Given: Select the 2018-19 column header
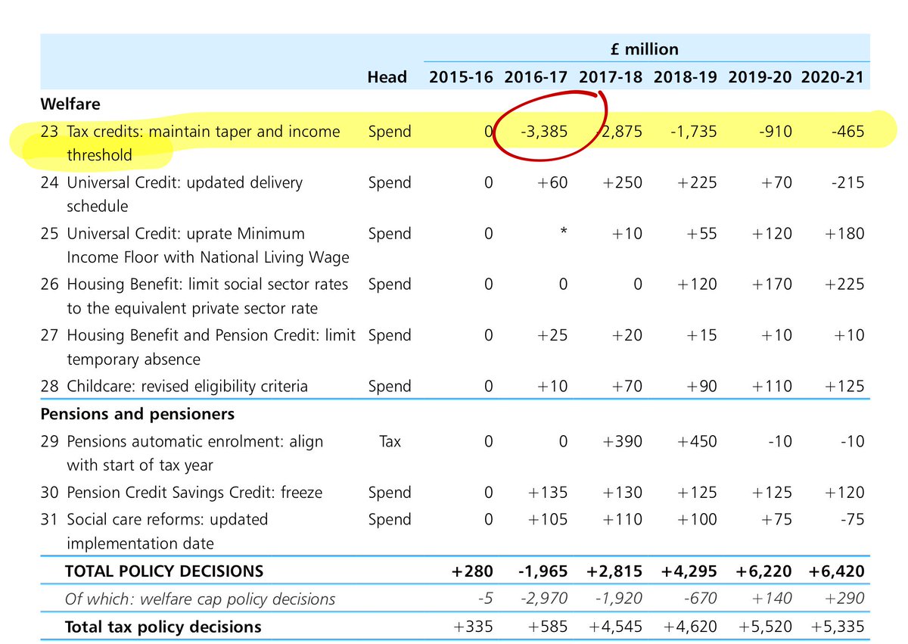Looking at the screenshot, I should click(686, 76).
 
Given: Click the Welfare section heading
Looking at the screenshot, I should click(70, 103).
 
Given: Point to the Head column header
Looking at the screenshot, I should click(387, 76).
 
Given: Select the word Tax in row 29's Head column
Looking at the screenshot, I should click(389, 441).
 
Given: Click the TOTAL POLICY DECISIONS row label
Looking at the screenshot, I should click(164, 571).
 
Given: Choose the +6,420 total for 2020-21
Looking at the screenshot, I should click(837, 571).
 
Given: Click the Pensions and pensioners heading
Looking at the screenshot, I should click(137, 414).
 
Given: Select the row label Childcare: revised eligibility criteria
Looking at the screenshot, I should click(188, 386).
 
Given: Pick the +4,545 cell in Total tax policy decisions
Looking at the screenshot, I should click(614, 627).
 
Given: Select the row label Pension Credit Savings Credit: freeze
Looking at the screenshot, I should click(194, 493).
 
